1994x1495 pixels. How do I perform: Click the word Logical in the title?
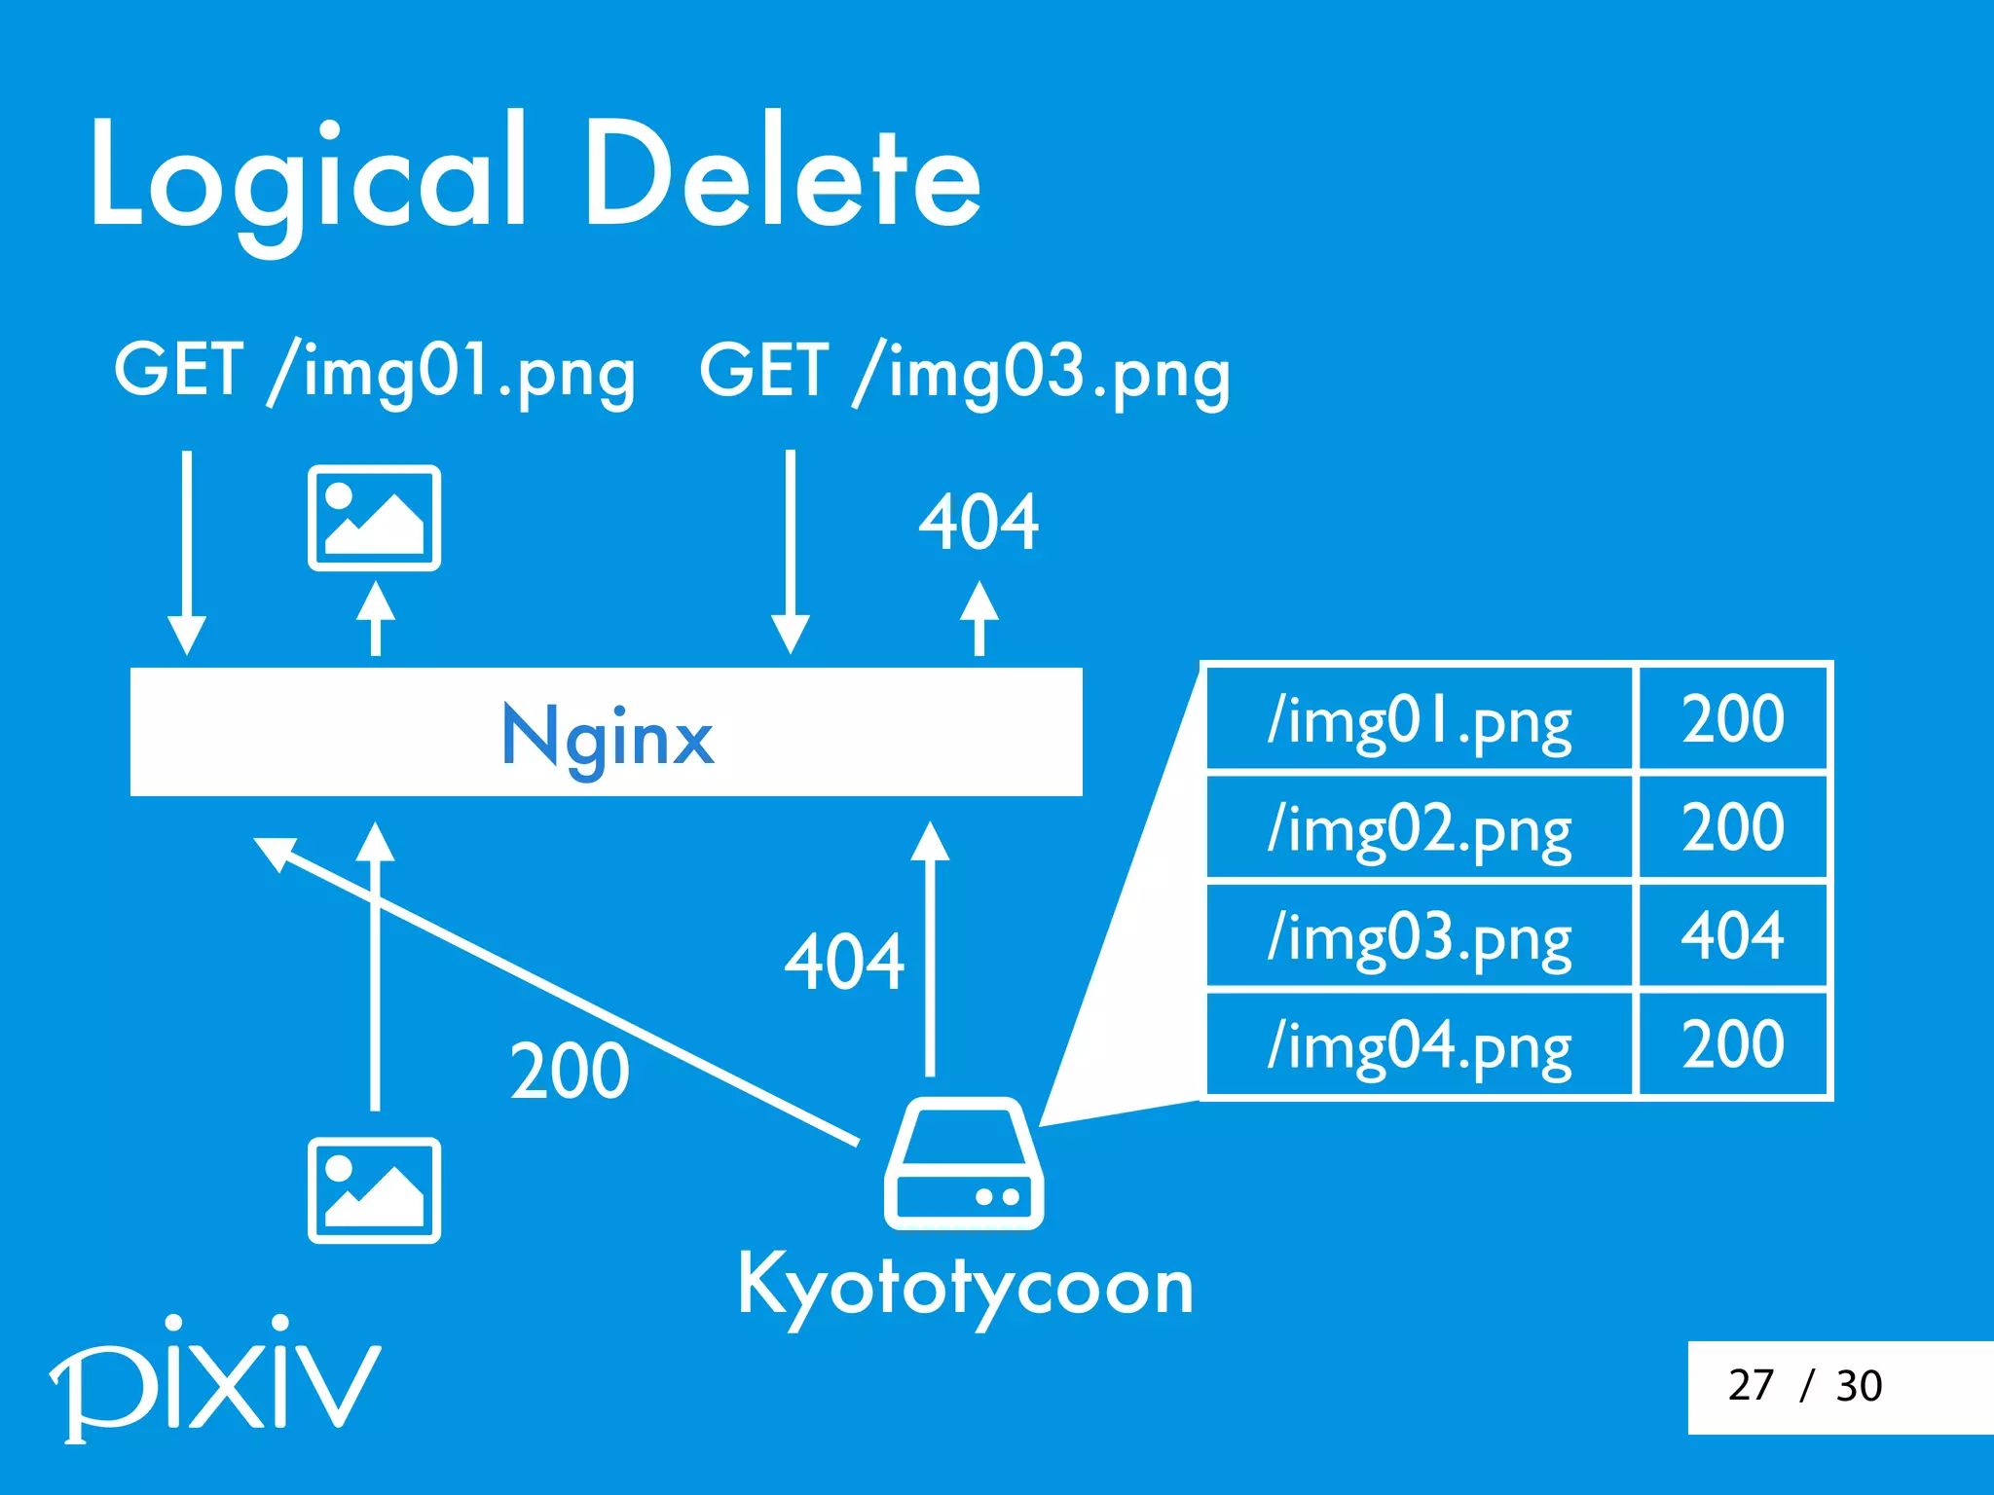[310, 175]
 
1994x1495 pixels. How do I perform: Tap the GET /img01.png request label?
[375, 373]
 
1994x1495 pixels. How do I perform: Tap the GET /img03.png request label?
[965, 373]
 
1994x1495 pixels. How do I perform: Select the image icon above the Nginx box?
[374, 518]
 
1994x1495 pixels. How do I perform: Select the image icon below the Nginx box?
[374, 1190]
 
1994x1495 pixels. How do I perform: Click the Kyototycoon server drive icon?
[964, 1165]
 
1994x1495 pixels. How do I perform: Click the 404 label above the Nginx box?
[979, 523]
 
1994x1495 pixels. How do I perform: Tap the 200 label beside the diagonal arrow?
[570, 1072]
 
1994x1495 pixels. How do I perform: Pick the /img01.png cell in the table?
[1419, 720]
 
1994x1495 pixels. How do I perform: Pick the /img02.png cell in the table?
[1419, 828]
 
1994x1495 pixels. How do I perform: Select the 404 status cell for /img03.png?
[1732, 936]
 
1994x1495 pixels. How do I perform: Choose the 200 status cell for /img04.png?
[1732, 1044]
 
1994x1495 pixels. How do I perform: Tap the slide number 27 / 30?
[1804, 1385]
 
